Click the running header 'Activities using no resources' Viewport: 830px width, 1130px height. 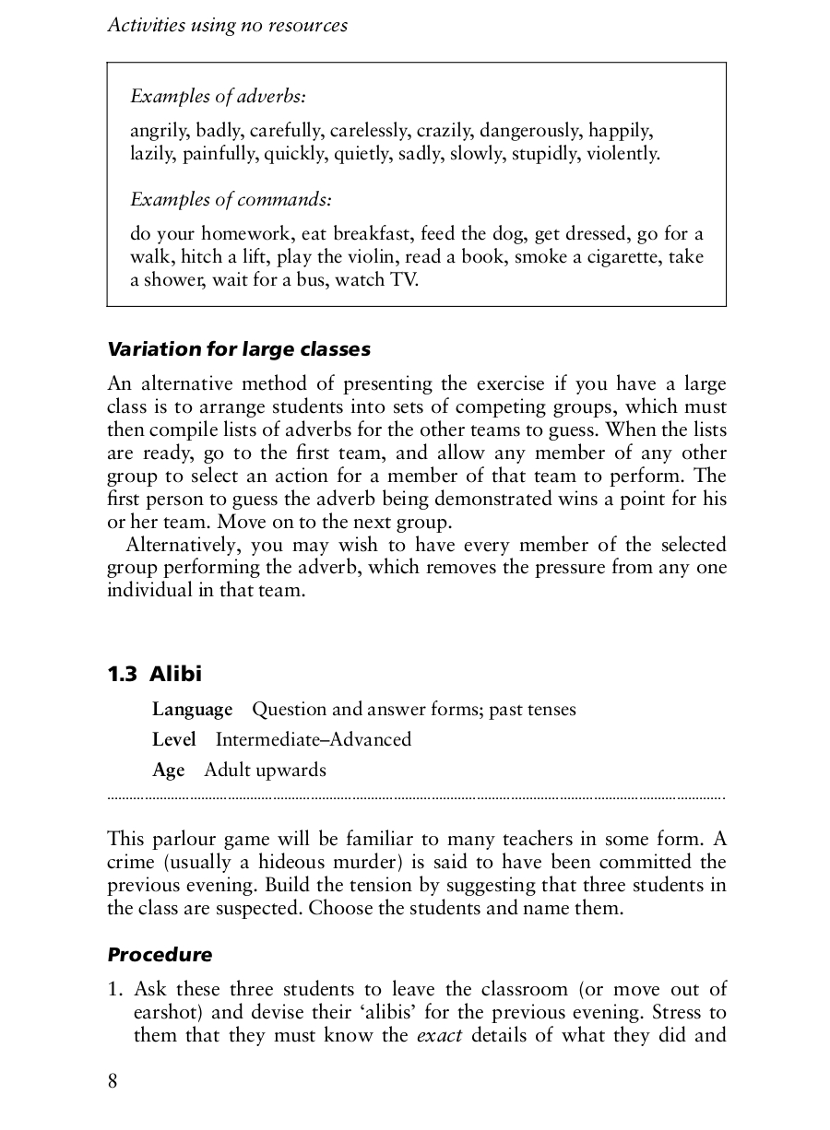228,26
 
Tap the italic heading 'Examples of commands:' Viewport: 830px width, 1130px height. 231,199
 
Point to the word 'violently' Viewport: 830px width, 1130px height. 622,153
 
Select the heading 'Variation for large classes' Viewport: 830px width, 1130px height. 239,349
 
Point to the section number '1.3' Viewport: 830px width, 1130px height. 123,674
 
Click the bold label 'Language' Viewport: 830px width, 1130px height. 192,710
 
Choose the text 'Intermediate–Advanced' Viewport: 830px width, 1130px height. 314,740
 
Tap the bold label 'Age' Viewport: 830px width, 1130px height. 169,771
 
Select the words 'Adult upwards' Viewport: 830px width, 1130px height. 266,771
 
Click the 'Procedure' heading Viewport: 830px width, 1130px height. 160,955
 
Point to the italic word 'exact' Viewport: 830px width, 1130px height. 439,1035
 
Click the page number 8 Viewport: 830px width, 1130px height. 113,1081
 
